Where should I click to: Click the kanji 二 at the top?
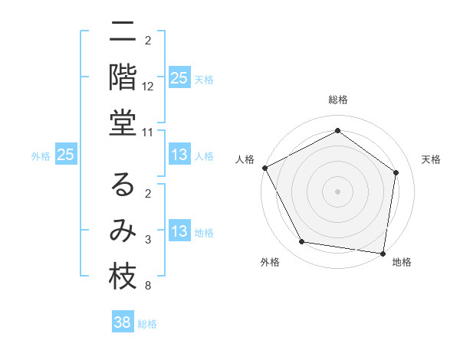pos(123,33)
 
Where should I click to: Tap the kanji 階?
pos(123,77)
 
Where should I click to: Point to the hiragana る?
pos(123,185)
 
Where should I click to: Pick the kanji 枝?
pos(123,277)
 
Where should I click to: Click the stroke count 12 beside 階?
pos(149,87)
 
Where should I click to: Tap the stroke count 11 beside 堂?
pos(148,133)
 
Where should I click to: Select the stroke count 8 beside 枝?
pos(148,286)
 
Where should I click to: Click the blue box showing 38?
pos(123,322)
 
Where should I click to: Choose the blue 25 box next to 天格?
pos(179,78)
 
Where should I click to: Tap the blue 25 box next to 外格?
pos(66,155)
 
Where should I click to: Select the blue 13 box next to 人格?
pos(179,155)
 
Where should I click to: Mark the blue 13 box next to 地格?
pos(179,232)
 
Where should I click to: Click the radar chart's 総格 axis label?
pos(337,100)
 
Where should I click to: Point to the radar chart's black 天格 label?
pos(431,159)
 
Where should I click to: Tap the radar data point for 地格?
pos(383,253)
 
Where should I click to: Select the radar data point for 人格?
pos(264,168)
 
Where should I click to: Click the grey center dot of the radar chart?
pos(337,191)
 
